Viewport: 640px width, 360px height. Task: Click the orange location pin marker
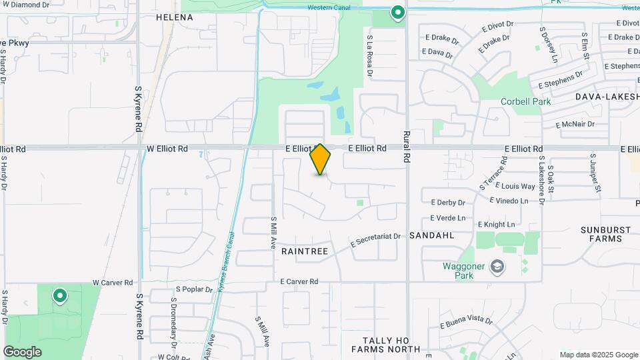(321, 159)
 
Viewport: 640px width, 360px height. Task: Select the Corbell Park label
(526, 102)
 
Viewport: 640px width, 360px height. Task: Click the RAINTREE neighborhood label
(305, 251)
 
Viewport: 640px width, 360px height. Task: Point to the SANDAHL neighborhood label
(431, 235)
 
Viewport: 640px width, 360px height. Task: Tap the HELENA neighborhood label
(174, 17)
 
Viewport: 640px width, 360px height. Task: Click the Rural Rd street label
(406, 146)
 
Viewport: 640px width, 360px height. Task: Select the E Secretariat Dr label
(375, 241)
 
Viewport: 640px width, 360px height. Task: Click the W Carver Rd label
(113, 283)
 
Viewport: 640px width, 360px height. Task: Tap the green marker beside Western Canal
(397, 12)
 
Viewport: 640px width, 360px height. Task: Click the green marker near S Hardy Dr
(59, 295)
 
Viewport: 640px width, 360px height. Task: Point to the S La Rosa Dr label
(369, 57)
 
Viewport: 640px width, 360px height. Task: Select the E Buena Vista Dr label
(466, 323)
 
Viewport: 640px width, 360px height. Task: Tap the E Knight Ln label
(496, 225)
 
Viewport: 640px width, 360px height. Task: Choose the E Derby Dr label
(447, 202)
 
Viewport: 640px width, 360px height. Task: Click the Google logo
(22, 351)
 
